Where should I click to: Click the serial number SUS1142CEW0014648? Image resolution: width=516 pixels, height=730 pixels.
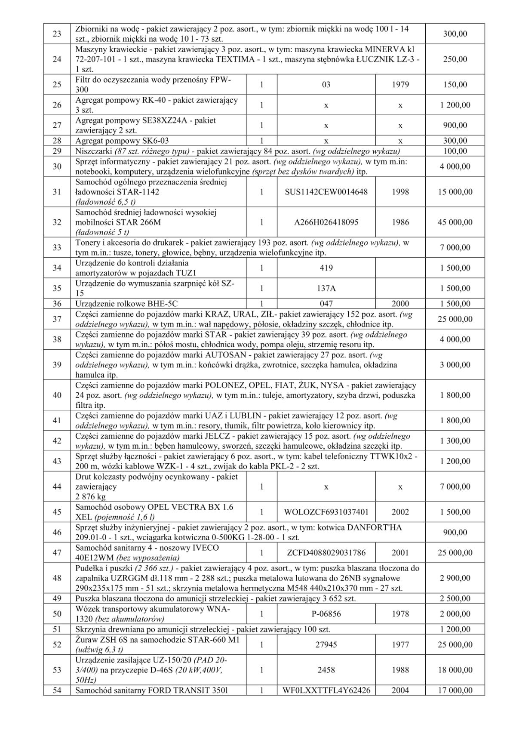tap(326, 192)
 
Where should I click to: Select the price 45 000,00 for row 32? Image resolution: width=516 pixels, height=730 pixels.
tap(455, 222)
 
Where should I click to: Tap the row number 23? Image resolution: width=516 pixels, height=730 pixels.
tap(57, 34)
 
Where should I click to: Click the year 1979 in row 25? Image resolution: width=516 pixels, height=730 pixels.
tap(400, 85)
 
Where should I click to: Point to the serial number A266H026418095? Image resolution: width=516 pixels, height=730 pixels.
tap(326, 222)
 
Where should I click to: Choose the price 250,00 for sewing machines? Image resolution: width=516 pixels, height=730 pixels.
tap(455, 59)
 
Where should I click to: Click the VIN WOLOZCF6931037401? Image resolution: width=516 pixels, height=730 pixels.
tap(326, 512)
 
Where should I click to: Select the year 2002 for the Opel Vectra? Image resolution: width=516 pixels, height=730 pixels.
tap(400, 512)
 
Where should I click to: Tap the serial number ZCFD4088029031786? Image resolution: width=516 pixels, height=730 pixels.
tap(326, 553)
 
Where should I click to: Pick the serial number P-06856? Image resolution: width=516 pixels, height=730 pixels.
tap(326, 614)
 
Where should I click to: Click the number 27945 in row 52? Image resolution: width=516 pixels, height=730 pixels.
tap(326, 645)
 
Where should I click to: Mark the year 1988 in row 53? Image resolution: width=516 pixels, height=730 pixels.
tap(400, 670)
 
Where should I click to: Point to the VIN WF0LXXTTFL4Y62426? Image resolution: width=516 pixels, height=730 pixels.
tap(326, 690)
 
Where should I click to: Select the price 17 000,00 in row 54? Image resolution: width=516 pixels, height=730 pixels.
tap(455, 690)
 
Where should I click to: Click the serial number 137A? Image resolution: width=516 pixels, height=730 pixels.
tap(326, 288)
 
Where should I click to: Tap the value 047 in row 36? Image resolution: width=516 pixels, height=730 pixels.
tap(326, 304)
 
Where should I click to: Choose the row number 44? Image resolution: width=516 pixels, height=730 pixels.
tap(57, 487)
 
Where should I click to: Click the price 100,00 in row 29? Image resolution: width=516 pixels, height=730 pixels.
tap(455, 151)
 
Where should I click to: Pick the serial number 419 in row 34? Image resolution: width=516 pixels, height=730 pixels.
tap(326, 268)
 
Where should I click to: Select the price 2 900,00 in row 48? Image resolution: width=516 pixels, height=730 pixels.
tap(455, 578)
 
